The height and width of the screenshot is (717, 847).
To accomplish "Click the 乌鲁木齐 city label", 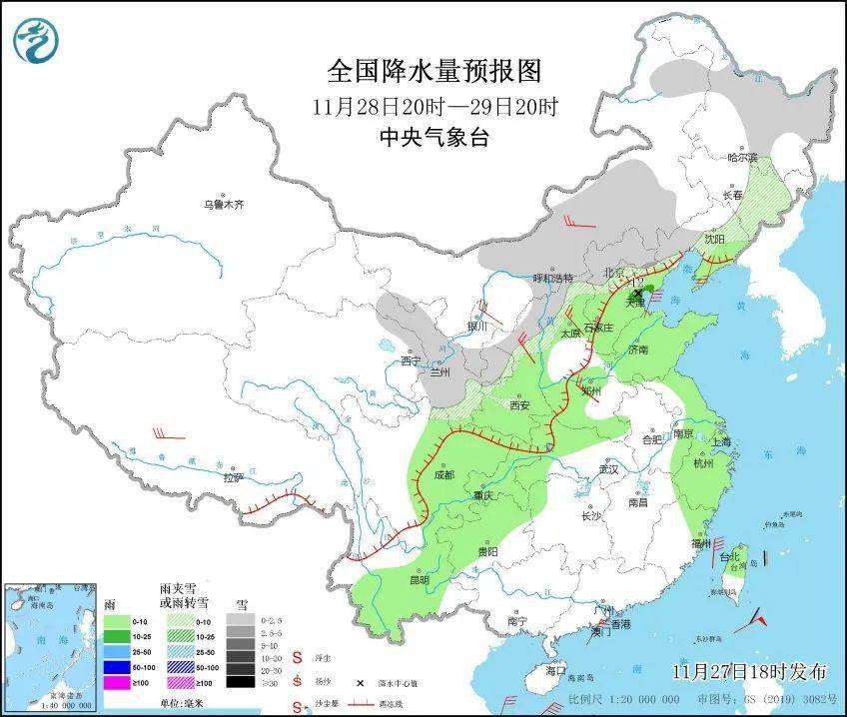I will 224,205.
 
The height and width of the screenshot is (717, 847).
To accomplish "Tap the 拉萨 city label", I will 233,478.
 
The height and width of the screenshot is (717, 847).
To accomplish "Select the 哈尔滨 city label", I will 742,157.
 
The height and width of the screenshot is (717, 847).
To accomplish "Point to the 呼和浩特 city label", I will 552,278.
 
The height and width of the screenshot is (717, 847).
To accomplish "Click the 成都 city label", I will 443,475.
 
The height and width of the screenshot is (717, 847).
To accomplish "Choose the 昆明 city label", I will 418,579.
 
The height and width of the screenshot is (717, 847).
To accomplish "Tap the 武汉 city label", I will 607,468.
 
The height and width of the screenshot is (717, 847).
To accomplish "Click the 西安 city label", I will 519,405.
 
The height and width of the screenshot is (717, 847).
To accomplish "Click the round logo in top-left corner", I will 36,40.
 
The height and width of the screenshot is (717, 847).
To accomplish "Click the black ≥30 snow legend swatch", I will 239,682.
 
